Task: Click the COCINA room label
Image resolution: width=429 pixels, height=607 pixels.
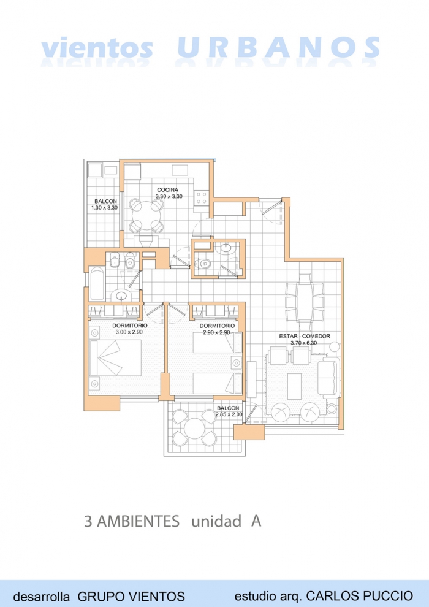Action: point(167,189)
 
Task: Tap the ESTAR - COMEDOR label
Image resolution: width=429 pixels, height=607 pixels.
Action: point(305,336)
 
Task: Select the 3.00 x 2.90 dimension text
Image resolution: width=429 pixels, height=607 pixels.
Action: point(129,332)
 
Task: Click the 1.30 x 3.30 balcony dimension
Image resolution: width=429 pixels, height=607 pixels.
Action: point(104,207)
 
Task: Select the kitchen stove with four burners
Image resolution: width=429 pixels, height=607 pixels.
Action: point(201,198)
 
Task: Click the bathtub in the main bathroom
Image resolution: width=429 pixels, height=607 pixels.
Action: point(97,283)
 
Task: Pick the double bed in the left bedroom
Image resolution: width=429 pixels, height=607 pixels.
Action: point(115,357)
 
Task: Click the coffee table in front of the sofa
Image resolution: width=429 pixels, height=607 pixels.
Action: point(294,386)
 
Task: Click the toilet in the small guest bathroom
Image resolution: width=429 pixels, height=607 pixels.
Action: point(203,264)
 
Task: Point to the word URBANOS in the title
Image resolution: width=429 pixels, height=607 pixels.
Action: point(278,48)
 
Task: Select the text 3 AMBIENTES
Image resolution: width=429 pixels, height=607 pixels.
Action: point(132,521)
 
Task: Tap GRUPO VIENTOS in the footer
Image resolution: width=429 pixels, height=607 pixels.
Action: point(131,596)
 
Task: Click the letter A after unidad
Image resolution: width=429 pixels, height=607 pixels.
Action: point(256,521)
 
